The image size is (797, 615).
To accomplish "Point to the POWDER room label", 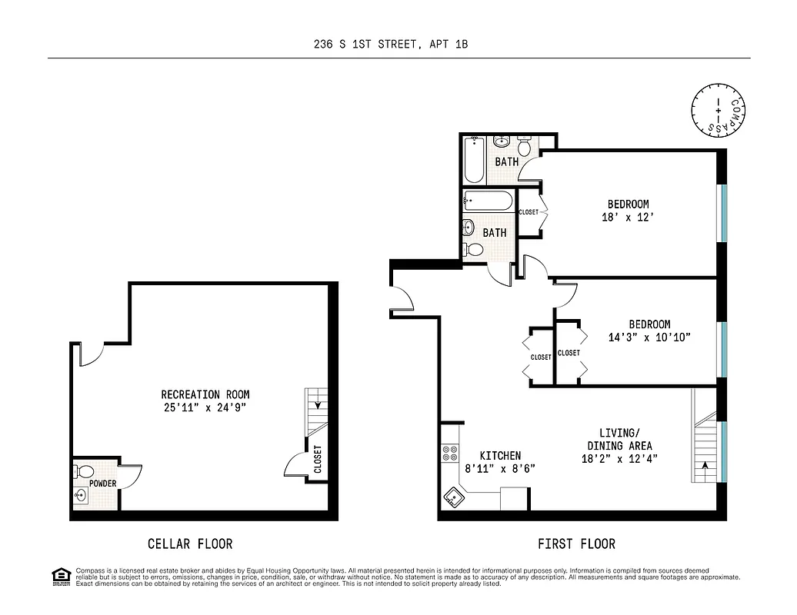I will pyautogui.click(x=103, y=484).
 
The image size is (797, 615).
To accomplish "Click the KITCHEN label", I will pyautogui.click(x=500, y=456).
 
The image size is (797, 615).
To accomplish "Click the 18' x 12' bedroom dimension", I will pyautogui.click(x=628, y=218).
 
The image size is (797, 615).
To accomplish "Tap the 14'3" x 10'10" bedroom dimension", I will pyautogui.click(x=639, y=337).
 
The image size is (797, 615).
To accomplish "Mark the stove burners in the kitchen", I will pyautogui.click(x=449, y=454).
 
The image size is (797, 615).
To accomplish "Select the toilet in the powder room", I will pyautogui.click(x=85, y=470).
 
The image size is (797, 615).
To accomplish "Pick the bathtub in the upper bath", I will pyautogui.click(x=474, y=159).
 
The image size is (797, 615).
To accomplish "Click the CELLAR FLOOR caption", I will pyautogui.click(x=189, y=544).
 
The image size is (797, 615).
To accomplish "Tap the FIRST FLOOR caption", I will pyautogui.click(x=576, y=544).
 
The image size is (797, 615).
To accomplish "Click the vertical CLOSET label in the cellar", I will pyautogui.click(x=318, y=460).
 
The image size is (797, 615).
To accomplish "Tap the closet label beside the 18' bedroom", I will pyautogui.click(x=529, y=212).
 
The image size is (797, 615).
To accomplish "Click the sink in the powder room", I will pyautogui.click(x=79, y=496).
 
